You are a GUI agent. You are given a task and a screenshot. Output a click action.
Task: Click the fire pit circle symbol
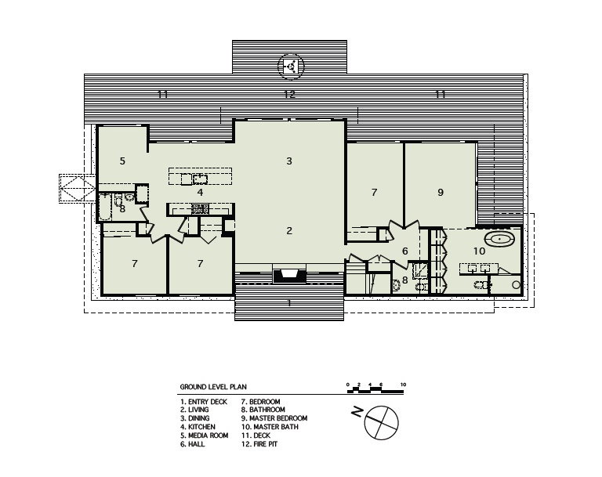(291, 67)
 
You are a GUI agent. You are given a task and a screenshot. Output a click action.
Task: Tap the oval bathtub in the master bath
(499, 240)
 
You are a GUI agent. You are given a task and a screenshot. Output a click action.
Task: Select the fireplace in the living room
(289, 276)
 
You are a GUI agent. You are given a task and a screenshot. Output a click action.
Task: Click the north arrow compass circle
(381, 422)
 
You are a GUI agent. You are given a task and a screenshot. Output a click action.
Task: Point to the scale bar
(375, 390)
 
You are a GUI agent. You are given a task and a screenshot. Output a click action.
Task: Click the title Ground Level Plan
(213, 387)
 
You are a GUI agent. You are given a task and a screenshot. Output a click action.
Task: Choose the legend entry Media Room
(205, 435)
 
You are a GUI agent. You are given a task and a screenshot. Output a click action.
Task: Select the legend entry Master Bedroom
(274, 418)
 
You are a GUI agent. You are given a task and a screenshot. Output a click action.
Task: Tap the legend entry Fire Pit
(259, 444)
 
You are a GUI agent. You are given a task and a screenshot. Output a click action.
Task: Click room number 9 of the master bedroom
(441, 192)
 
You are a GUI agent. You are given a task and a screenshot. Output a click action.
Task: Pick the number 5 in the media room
(122, 161)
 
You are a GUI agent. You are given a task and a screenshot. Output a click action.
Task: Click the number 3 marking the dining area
(289, 161)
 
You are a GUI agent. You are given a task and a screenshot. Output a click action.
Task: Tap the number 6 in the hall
(404, 251)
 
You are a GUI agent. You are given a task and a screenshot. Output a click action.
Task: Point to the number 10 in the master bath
(479, 251)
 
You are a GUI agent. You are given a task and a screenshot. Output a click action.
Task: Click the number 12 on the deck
(289, 94)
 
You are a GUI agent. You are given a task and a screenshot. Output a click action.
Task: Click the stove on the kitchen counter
(200, 209)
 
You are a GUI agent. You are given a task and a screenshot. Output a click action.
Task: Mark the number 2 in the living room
(289, 230)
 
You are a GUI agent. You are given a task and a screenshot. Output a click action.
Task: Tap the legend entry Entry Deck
(204, 402)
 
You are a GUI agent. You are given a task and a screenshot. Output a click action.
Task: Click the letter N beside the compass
(357, 412)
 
